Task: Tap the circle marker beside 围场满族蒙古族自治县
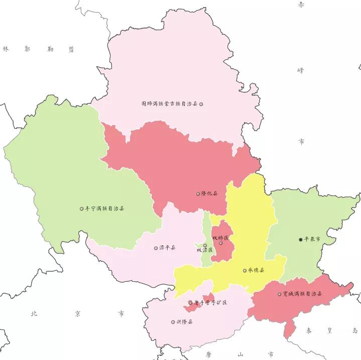(x=201, y=104)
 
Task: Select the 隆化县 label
(x=209, y=194)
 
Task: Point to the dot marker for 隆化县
(x=198, y=194)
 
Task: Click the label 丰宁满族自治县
(x=105, y=209)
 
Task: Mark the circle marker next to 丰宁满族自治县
(x=82, y=209)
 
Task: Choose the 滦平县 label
(x=168, y=248)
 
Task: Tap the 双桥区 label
(x=220, y=237)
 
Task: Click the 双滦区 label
(x=204, y=250)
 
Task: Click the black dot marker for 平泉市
(x=300, y=240)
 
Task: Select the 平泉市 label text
(x=312, y=240)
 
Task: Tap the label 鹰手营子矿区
(x=210, y=303)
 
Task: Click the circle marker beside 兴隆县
(x=172, y=322)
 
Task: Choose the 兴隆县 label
(x=184, y=322)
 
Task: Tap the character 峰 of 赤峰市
(x=301, y=71)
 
